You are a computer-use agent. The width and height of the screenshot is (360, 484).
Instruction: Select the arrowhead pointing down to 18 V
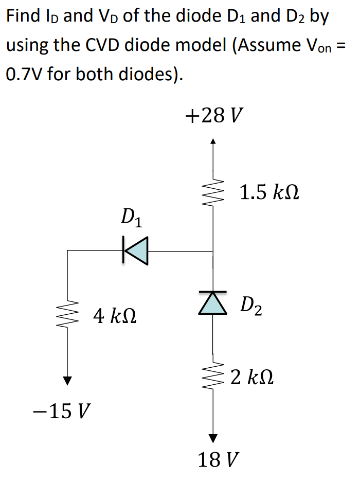point(213,438)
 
